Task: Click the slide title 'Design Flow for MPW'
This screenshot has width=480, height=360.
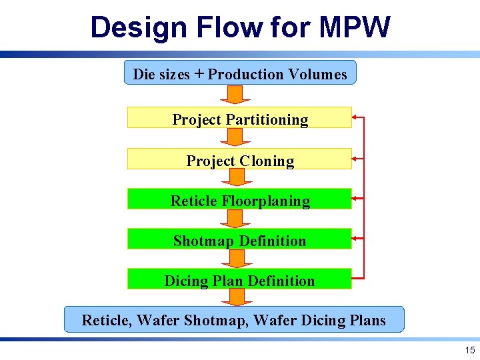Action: coord(240,28)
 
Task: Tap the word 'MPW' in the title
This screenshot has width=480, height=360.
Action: coord(355,28)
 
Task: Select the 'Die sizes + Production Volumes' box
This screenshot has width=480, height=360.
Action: coord(240,73)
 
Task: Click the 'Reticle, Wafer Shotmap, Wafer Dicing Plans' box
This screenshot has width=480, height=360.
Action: coord(233,319)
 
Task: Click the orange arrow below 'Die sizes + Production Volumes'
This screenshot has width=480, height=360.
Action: coord(234,94)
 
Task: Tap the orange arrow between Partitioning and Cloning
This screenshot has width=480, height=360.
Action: coord(234,137)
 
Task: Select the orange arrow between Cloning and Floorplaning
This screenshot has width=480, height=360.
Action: coord(234,177)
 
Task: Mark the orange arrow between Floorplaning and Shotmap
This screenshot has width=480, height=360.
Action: coord(234,219)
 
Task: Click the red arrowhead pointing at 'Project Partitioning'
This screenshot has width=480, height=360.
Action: coord(355,117)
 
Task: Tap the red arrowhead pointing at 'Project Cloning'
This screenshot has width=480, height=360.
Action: coord(355,159)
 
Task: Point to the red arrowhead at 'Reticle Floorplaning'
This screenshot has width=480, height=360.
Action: coord(355,198)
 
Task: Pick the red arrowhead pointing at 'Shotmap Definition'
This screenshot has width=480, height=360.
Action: coord(355,238)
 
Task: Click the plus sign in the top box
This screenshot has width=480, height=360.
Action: coord(199,73)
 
